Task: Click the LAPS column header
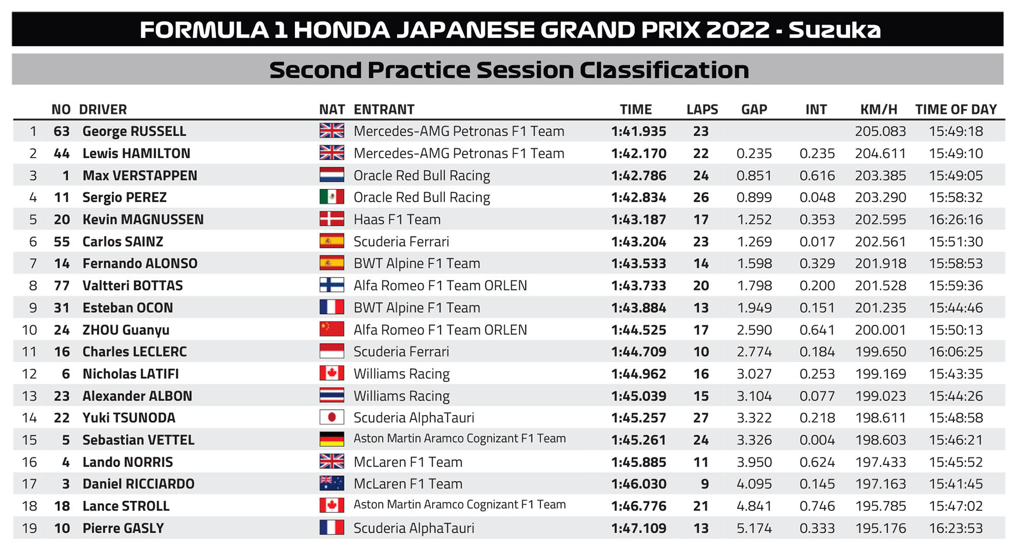pos(702,109)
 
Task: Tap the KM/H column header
pos(879,109)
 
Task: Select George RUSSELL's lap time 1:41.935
pos(639,131)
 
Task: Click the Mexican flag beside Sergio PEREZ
pos(332,197)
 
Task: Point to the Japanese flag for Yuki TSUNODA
pos(332,417)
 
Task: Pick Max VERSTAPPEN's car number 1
pos(66,175)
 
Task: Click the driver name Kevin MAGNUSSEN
pos(143,220)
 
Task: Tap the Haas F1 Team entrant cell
pos(397,220)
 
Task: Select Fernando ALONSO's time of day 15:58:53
pos(955,263)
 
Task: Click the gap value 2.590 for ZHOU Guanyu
pos(754,330)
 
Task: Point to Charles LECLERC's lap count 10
pos(701,352)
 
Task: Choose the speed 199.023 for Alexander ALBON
pos(880,396)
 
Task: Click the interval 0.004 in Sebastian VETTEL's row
pos(817,440)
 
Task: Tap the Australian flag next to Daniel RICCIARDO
pos(332,483)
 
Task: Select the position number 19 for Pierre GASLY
pos(29,528)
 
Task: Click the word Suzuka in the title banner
pos(834,30)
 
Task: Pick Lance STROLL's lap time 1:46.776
pos(639,506)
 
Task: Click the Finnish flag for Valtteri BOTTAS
pos(332,285)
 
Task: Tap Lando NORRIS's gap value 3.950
pos(754,462)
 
